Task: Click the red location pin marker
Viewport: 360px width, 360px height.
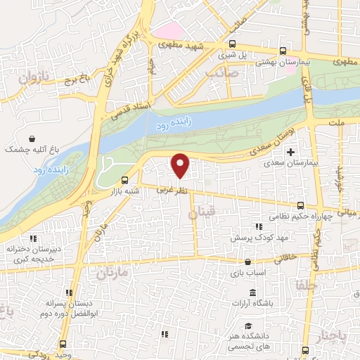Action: tap(181, 165)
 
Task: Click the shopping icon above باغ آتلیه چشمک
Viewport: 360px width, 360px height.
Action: tap(32, 139)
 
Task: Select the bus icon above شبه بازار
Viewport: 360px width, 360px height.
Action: tap(124, 180)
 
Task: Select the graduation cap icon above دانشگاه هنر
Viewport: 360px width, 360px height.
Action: tap(248, 326)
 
